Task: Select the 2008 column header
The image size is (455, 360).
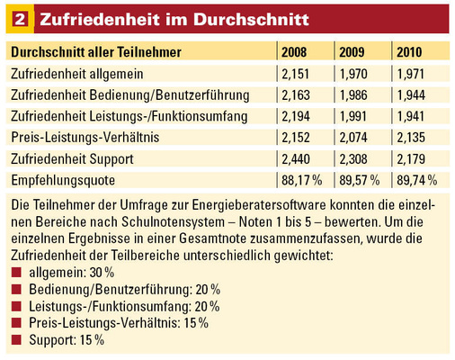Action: click(x=296, y=52)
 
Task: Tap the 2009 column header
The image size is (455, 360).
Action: click(x=353, y=52)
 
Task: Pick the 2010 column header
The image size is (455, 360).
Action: click(x=413, y=52)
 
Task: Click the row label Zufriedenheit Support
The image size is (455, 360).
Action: click(x=79, y=158)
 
